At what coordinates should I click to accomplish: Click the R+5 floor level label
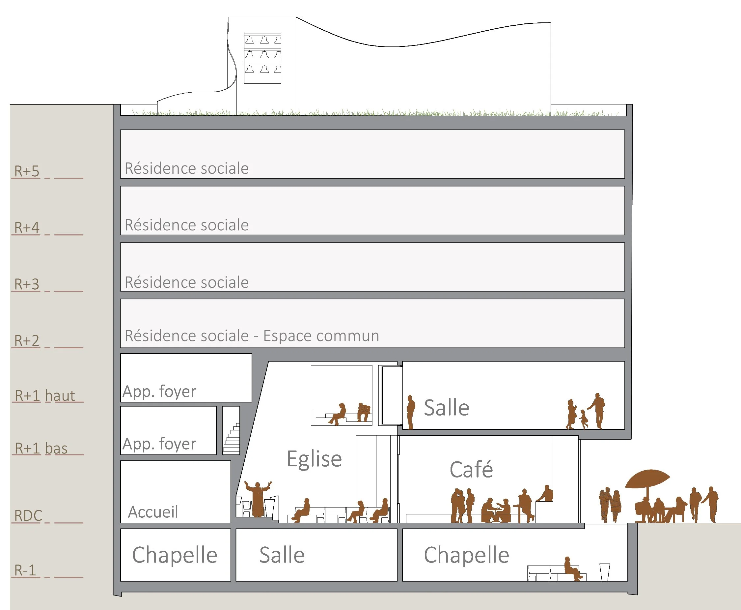tap(27, 171)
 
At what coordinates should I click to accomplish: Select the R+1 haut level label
tap(45, 396)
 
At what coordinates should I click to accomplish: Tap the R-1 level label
tap(25, 570)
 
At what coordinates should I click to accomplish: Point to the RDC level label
tap(28, 515)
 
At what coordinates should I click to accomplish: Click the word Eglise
tap(314, 459)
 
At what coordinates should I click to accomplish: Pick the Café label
tap(471, 470)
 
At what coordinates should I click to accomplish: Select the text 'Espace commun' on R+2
tap(321, 336)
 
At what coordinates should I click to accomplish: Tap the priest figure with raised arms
tap(258, 499)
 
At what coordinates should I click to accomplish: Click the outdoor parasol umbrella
tap(647, 479)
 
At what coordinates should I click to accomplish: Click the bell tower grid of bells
tap(263, 58)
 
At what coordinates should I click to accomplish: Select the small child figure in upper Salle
tap(584, 419)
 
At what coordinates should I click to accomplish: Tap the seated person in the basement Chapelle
tap(571, 568)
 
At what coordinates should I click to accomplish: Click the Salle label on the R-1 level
tap(282, 555)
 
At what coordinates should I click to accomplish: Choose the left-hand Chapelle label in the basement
tap(175, 555)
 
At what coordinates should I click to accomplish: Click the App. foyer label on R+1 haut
tap(159, 392)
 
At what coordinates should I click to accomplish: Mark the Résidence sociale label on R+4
tap(186, 225)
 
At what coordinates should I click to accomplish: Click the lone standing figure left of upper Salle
tap(410, 412)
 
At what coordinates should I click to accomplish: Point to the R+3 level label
tap(27, 284)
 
